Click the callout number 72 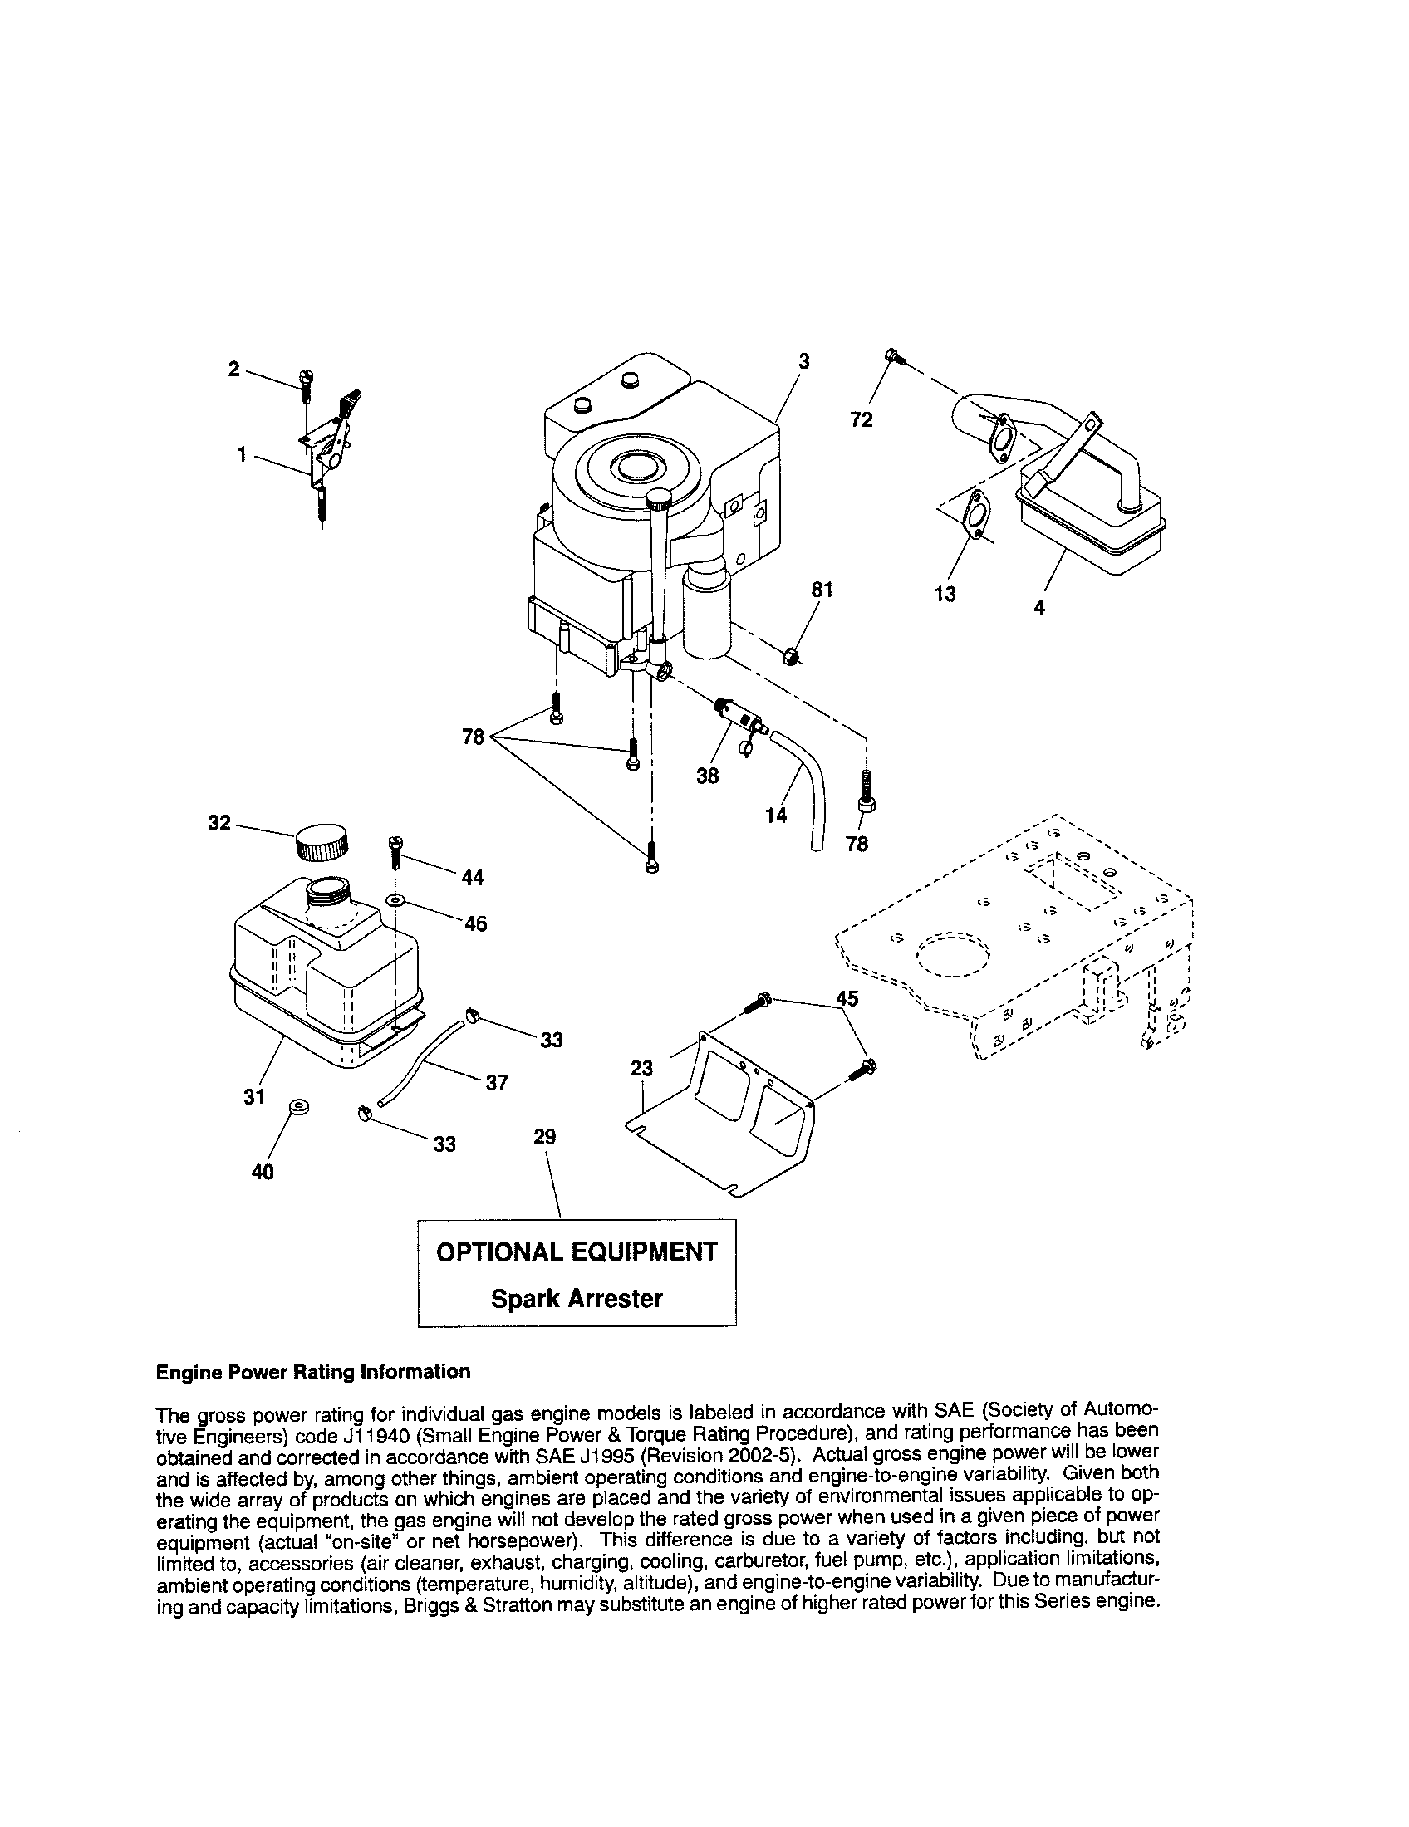pyautogui.click(x=861, y=420)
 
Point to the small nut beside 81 pyautogui.click(x=790, y=658)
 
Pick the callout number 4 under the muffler pyautogui.click(x=1039, y=608)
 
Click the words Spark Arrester pyautogui.click(x=577, y=1298)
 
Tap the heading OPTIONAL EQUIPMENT pyautogui.click(x=577, y=1251)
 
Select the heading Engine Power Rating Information pyautogui.click(x=313, y=1372)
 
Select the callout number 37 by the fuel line pyautogui.click(x=497, y=1082)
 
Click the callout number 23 pyautogui.click(x=641, y=1068)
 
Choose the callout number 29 pyautogui.click(x=545, y=1137)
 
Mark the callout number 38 pyautogui.click(x=707, y=776)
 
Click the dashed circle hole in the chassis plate pyautogui.click(x=953, y=953)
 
